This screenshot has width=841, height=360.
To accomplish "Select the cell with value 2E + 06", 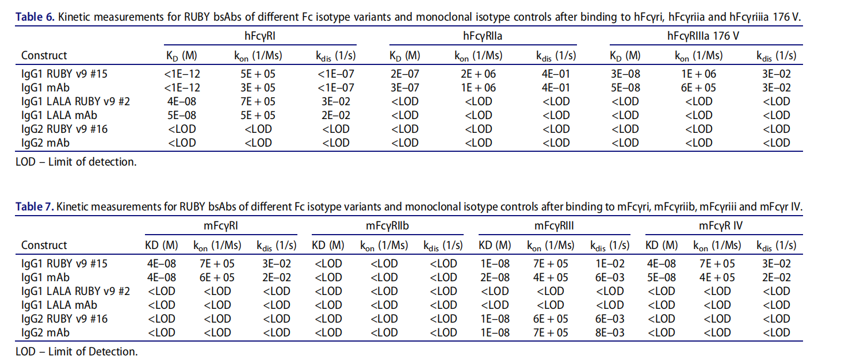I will pyautogui.click(x=478, y=74).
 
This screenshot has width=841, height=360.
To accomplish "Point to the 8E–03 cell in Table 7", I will pyautogui.click(x=611, y=332).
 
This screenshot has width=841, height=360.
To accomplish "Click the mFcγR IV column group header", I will pyautogui.click(x=721, y=226).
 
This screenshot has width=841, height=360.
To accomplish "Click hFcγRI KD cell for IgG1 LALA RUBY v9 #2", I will pyautogui.click(x=182, y=101).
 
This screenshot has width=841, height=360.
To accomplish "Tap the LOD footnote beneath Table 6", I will pyautogui.click(x=76, y=162).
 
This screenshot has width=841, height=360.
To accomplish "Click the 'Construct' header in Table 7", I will pyautogui.click(x=44, y=246).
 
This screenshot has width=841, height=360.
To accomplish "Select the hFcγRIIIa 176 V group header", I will pyautogui.click(x=702, y=36).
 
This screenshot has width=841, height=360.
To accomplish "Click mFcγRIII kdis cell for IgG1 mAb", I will pyautogui.click(x=611, y=277).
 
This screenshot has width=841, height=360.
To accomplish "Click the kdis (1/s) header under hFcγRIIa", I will pyautogui.click(x=556, y=56).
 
